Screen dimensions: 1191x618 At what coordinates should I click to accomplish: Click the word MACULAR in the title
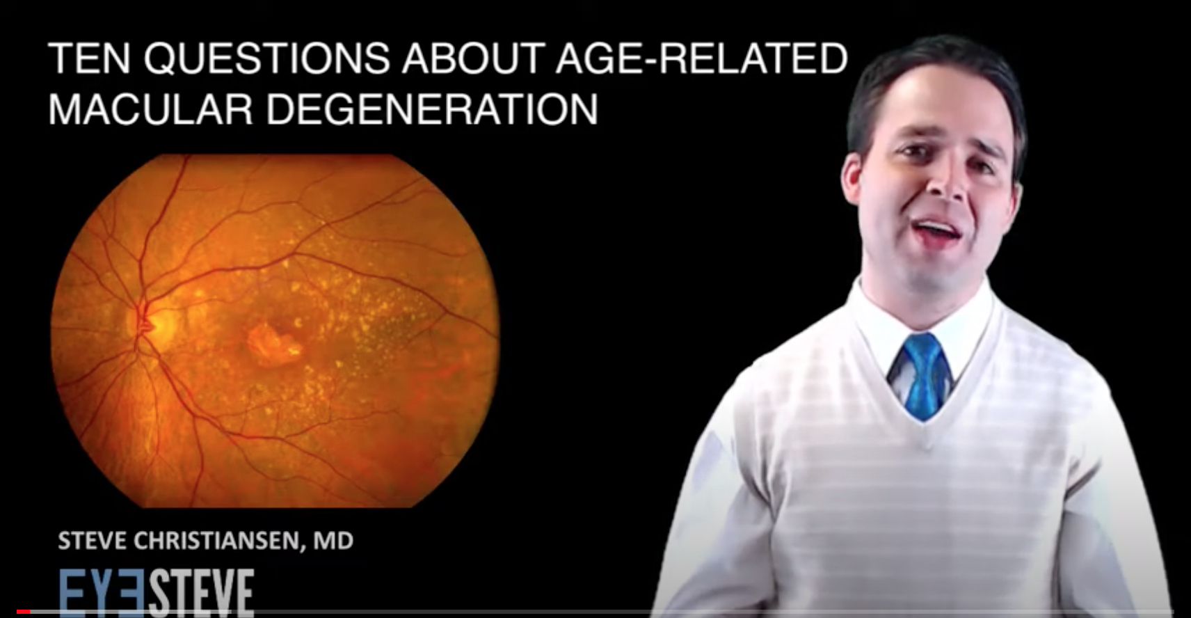tap(150, 109)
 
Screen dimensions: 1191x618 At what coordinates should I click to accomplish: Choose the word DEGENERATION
tap(432, 109)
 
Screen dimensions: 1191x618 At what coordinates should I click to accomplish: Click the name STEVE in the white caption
tap(92, 541)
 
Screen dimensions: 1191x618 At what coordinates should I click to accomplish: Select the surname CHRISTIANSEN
tap(218, 541)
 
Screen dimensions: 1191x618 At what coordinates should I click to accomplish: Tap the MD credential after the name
tap(333, 541)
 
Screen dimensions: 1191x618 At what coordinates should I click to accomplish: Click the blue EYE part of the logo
tap(102, 594)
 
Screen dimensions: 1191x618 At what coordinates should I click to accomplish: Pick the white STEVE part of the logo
tap(200, 594)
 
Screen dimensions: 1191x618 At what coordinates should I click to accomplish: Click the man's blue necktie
tap(924, 375)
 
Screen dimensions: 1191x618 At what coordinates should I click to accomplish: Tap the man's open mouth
tap(936, 230)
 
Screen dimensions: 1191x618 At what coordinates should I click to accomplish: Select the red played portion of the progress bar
tap(24, 612)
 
